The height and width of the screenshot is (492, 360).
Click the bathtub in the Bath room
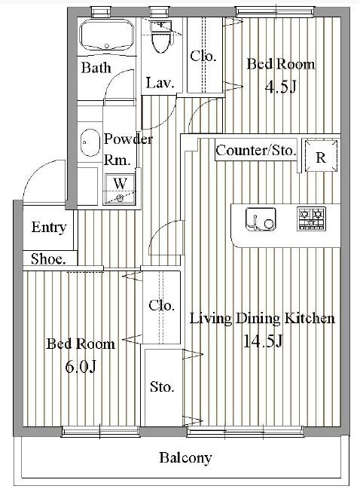click(x=106, y=36)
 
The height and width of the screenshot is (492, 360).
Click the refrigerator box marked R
click(x=320, y=157)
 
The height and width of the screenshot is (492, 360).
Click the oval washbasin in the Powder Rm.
click(x=90, y=141)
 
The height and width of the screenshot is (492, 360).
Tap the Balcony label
click(x=185, y=457)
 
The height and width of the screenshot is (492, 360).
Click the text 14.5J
click(x=262, y=341)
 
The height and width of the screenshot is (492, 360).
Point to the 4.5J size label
click(x=280, y=86)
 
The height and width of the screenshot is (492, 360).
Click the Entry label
click(x=48, y=228)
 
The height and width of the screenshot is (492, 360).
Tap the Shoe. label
click(x=47, y=258)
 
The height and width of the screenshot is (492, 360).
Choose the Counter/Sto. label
click(x=255, y=151)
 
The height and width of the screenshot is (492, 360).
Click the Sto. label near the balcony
click(x=162, y=387)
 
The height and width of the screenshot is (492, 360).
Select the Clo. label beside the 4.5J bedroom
click(x=203, y=56)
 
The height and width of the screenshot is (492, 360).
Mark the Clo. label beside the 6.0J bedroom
click(x=161, y=305)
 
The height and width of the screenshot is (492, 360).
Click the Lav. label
click(x=160, y=84)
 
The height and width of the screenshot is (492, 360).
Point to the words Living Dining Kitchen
click(x=261, y=319)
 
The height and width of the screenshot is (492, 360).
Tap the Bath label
click(x=96, y=68)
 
